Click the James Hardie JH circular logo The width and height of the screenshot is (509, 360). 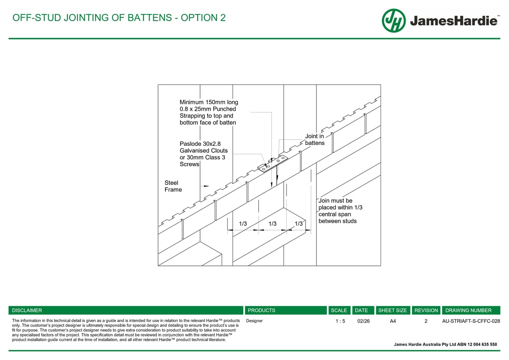pos(394,21)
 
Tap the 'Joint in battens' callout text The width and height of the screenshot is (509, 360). pos(314,140)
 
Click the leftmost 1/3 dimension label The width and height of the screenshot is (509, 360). pos(243,224)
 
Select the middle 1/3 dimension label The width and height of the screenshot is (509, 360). pos(272,224)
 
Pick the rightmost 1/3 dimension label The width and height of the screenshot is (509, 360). pos(299,224)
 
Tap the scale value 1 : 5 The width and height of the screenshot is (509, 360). pos(340,321)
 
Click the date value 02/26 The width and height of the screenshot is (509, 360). pos(363,321)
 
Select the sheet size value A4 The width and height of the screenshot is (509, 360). pos(393,321)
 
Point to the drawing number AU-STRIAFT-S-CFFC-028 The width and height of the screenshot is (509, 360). pos(471,321)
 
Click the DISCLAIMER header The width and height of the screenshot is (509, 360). pos(27,310)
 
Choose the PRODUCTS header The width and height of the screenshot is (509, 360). pos(262,310)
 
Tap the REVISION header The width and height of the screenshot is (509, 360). pos(426,310)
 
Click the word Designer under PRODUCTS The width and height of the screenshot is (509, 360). pos(254,321)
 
